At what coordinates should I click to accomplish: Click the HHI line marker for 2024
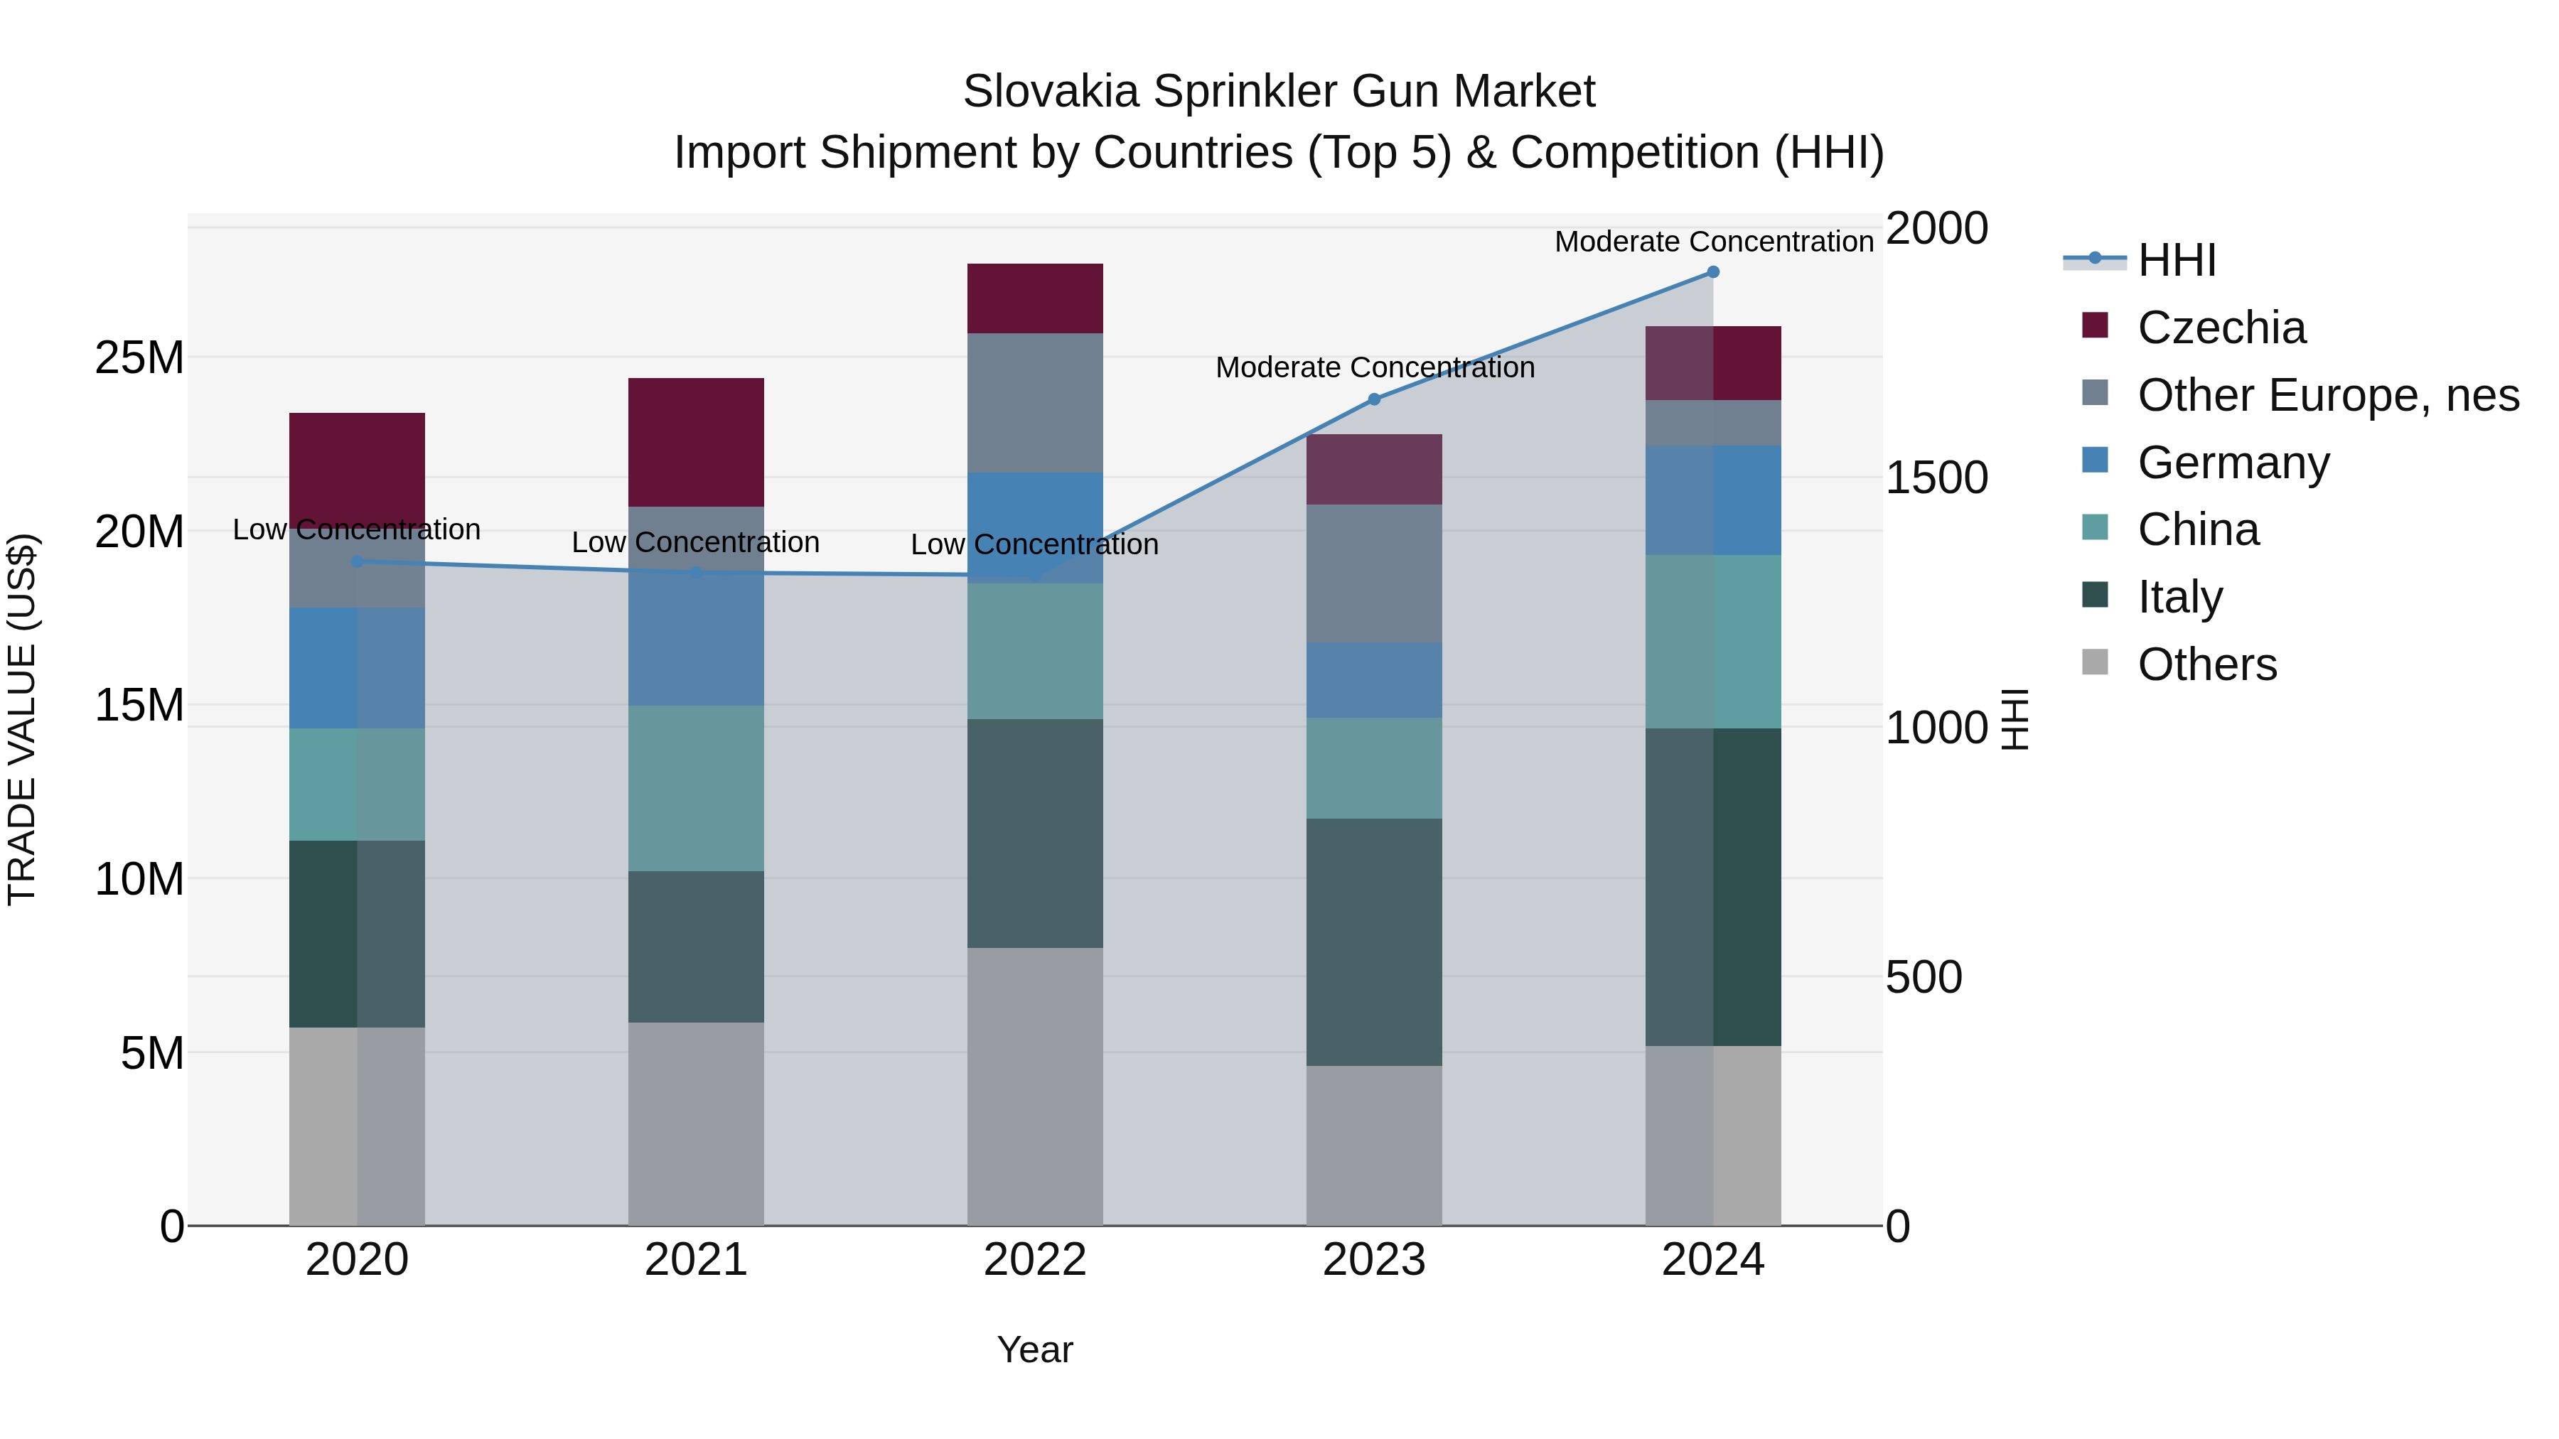(x=1712, y=272)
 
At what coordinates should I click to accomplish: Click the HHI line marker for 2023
(x=1374, y=399)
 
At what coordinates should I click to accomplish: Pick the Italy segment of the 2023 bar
(x=1374, y=942)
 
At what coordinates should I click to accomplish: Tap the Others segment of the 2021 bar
(x=695, y=1123)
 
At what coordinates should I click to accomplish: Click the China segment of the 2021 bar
(x=695, y=789)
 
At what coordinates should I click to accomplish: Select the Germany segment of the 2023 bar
(x=1374, y=680)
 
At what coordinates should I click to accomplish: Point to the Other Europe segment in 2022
(x=1035, y=402)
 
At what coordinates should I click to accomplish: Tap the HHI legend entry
(x=2176, y=260)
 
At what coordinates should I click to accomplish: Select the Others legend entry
(x=2206, y=664)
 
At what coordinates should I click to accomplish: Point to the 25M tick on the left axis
(x=139, y=357)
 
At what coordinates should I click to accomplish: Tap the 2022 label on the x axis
(x=1035, y=1260)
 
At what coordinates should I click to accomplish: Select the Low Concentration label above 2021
(x=695, y=542)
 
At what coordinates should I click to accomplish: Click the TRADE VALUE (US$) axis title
(x=22, y=719)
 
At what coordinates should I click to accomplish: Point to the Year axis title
(x=1035, y=1349)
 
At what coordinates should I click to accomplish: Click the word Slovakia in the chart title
(x=1050, y=92)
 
